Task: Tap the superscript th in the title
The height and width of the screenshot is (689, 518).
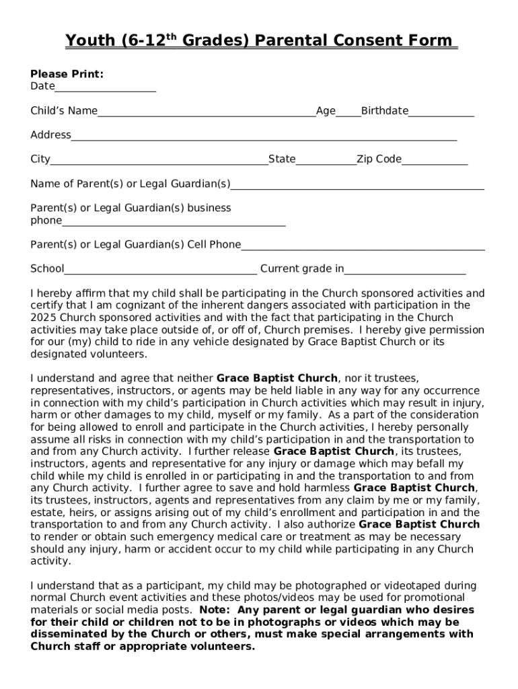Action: click(x=172, y=36)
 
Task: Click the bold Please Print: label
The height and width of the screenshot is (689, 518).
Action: click(x=67, y=74)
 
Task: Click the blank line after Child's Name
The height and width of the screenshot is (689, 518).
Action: click(x=207, y=112)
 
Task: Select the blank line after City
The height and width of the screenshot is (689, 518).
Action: click(x=159, y=161)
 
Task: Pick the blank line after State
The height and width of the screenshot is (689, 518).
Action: click(x=326, y=161)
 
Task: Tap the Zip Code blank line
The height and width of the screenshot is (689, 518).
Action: click(x=435, y=161)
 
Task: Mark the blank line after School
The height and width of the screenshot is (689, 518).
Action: click(x=160, y=270)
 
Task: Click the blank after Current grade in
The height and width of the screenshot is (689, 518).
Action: click(x=405, y=270)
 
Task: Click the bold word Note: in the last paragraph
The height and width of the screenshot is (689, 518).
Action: click(x=216, y=610)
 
